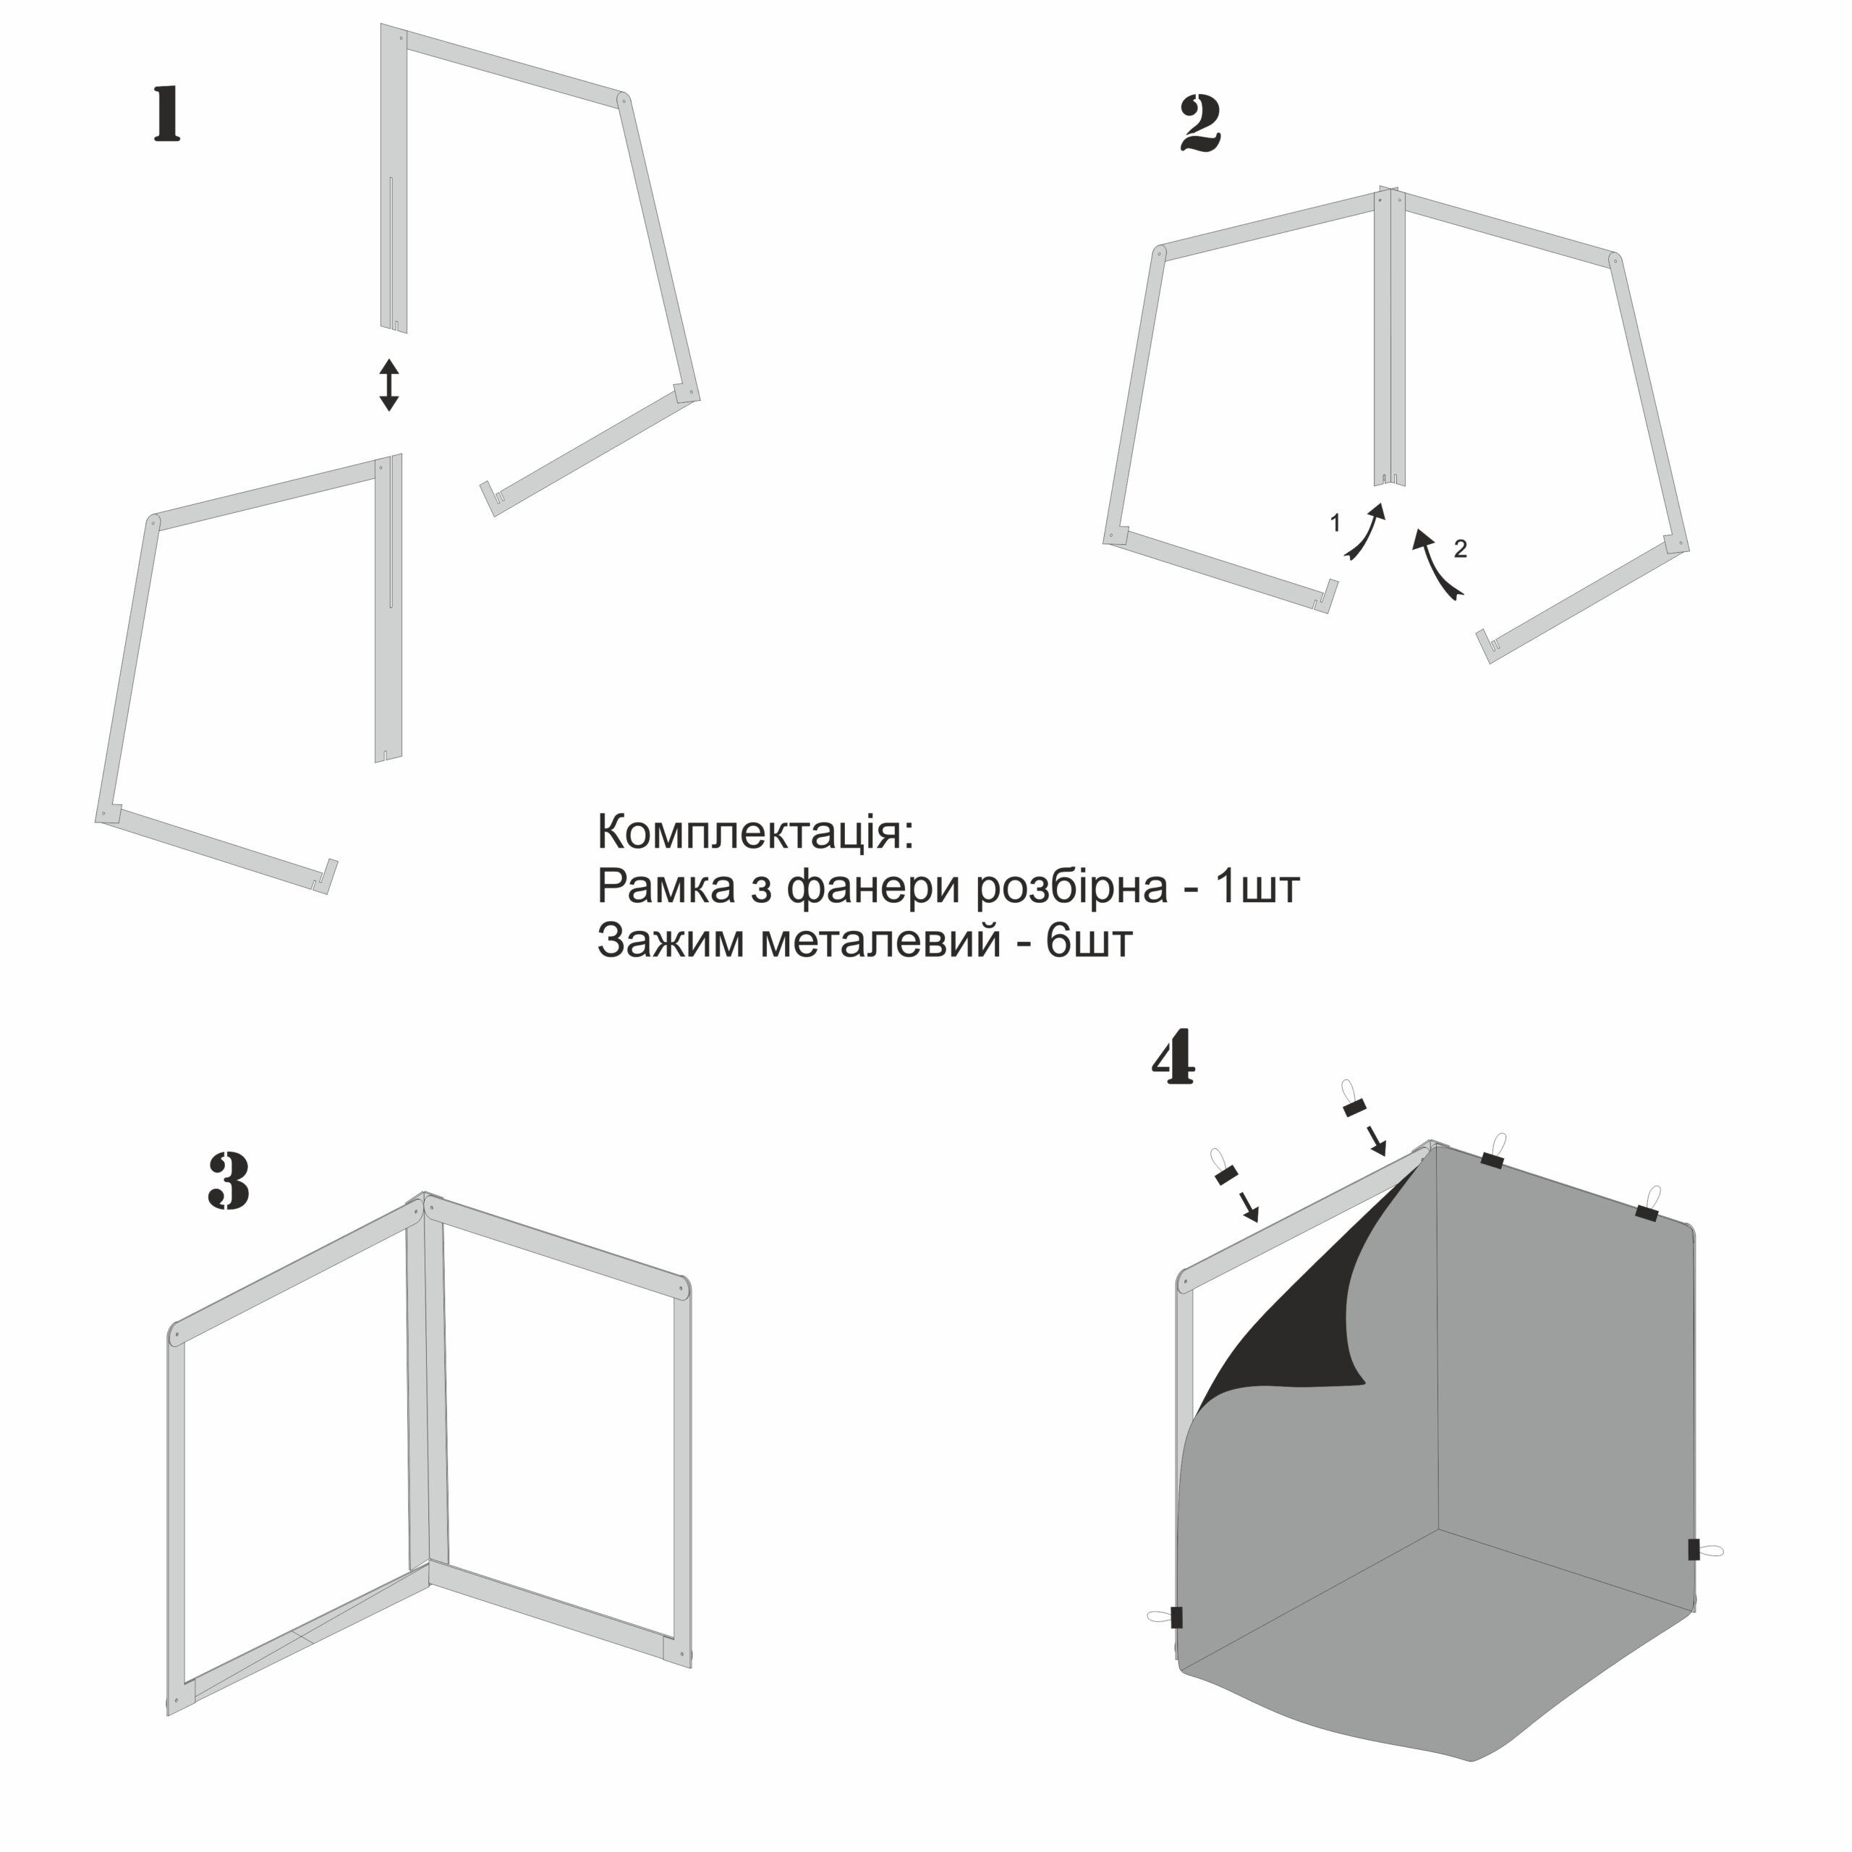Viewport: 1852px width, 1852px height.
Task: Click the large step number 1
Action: coord(168,114)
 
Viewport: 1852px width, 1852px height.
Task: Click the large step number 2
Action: coord(1200,124)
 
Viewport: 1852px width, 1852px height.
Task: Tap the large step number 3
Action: coord(229,1180)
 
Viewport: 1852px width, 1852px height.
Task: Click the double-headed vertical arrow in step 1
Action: coord(388,384)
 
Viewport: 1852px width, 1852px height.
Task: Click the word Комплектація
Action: coord(756,832)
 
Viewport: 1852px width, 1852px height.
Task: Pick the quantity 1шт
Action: coord(1257,888)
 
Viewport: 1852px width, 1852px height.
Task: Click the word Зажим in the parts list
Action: coord(671,941)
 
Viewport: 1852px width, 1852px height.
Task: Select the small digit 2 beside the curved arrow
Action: coord(1460,548)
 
